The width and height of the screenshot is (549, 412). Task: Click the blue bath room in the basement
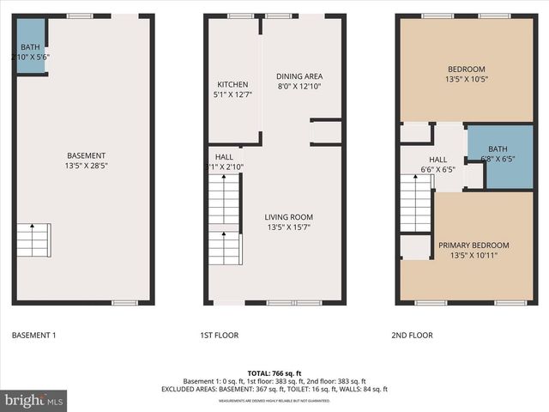coord(31,47)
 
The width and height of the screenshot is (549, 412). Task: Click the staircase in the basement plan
coord(33,240)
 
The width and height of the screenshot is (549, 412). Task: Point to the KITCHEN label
coord(232,84)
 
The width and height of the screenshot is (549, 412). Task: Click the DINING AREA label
coord(299,76)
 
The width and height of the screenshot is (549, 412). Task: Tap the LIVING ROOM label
coord(289,217)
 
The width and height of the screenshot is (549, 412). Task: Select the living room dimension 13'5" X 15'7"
coord(289,227)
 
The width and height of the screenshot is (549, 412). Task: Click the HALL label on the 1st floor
coord(224,156)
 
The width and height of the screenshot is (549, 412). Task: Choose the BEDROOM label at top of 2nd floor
coord(467,70)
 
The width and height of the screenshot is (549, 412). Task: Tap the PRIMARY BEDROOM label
coord(468,245)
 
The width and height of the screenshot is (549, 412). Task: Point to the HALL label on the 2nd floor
coord(437,160)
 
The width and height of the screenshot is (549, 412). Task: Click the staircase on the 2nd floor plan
coord(415,203)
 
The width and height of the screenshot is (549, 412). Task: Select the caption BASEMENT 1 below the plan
coord(33,335)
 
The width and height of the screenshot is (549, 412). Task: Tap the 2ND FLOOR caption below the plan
coord(413,335)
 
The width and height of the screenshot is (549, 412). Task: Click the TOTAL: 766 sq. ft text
coord(274,373)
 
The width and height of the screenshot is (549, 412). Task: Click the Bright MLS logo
coord(34,400)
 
